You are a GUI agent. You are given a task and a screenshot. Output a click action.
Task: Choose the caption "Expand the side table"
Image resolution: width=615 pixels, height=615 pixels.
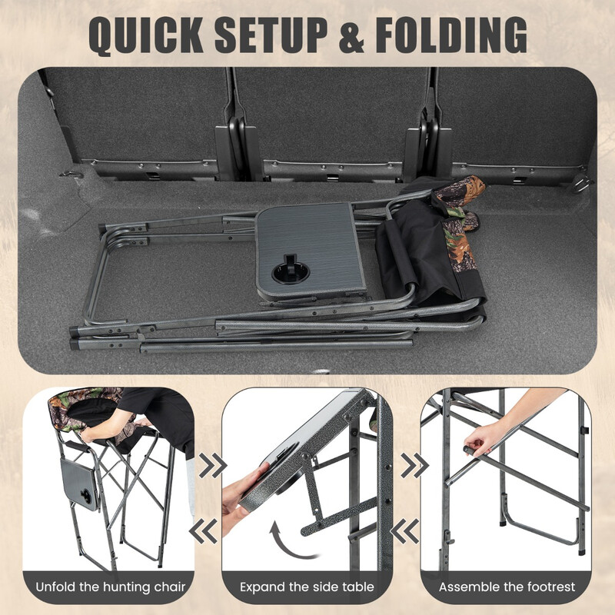coord(307,587)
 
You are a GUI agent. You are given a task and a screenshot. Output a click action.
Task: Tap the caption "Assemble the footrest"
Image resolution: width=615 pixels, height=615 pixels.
coord(507,587)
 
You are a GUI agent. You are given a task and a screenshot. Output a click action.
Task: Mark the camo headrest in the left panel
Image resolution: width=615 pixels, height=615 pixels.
coord(85,400)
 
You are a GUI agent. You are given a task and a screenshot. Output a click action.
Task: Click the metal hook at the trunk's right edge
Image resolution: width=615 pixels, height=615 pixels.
coord(582,183)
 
